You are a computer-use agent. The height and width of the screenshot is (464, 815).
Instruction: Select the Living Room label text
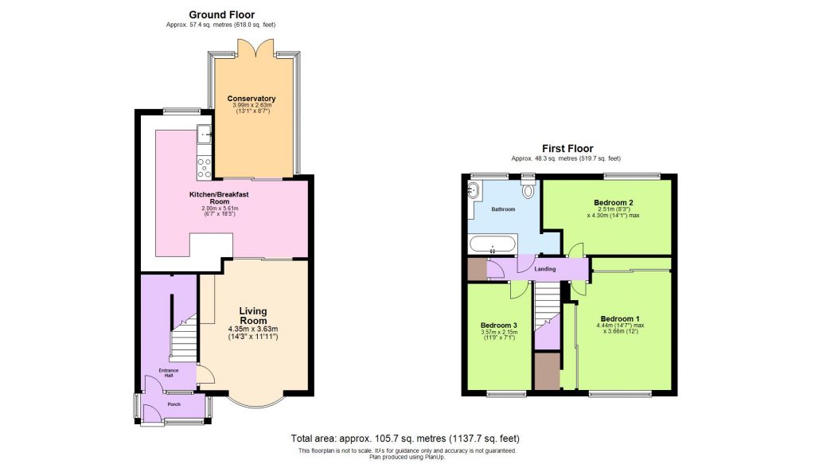tap(253, 315)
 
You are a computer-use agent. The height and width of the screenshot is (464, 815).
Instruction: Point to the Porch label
tap(174, 404)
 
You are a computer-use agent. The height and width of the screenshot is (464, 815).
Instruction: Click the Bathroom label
tap(503, 209)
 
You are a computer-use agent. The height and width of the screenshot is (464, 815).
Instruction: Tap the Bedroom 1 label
tap(621, 319)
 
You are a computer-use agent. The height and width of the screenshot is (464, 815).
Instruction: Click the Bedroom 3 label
tap(499, 326)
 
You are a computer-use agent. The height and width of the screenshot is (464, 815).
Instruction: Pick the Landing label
tap(545, 269)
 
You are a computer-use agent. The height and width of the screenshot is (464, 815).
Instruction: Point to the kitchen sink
tap(204, 135)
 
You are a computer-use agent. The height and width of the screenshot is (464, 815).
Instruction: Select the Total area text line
tap(406, 439)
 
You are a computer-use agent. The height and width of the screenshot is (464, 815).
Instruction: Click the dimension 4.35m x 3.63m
tap(253, 329)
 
